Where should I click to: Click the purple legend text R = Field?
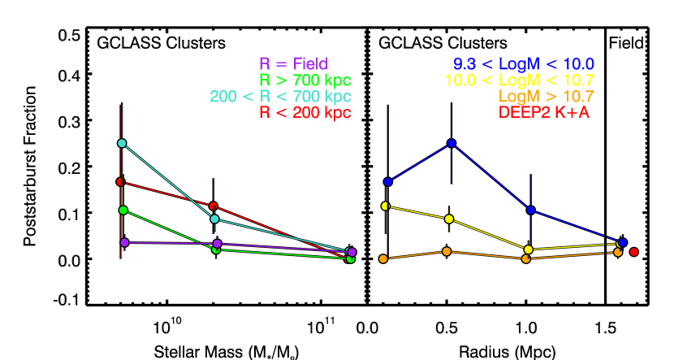click(x=293, y=64)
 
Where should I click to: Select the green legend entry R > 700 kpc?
click(x=305, y=80)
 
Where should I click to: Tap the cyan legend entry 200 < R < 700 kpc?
click(x=280, y=97)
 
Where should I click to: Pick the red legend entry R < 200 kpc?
click(x=305, y=113)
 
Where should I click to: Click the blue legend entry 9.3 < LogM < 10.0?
click(x=524, y=64)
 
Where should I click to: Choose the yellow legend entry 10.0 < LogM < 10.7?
click(x=520, y=80)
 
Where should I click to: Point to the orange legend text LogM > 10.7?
click(x=547, y=97)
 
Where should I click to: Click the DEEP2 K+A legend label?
click(x=544, y=113)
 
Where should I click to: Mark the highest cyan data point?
click(x=122, y=143)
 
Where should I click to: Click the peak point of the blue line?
click(x=451, y=143)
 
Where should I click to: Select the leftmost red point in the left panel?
click(x=120, y=181)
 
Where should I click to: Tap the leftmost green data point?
click(x=123, y=210)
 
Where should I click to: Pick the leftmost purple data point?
click(x=124, y=242)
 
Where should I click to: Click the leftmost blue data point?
click(x=388, y=181)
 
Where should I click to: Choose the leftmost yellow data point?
click(x=386, y=206)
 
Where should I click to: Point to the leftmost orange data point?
click(x=383, y=258)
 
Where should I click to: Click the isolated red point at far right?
click(x=634, y=252)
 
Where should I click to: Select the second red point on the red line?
click(x=214, y=206)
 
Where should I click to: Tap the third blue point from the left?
click(x=530, y=210)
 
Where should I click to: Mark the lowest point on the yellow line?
click(x=529, y=249)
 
